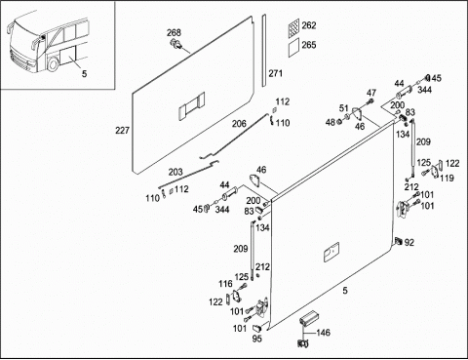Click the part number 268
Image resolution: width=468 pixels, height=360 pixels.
(x=174, y=32)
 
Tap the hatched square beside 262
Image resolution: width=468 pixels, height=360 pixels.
(x=293, y=26)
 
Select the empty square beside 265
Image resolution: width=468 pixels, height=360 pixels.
(x=293, y=48)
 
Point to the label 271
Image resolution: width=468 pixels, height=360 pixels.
(x=275, y=73)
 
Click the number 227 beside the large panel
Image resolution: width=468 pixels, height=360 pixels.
(x=122, y=130)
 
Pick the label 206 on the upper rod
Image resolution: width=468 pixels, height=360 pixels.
(x=239, y=124)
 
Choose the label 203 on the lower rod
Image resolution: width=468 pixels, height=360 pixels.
(x=175, y=172)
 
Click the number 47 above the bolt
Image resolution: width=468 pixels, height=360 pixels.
(x=371, y=93)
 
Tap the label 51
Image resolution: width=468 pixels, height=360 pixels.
(x=344, y=108)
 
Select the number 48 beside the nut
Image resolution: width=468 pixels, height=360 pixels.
(x=331, y=122)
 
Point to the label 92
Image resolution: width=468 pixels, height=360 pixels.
(x=409, y=243)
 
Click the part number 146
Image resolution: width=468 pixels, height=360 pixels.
(x=323, y=333)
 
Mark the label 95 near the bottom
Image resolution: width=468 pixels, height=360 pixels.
(x=256, y=339)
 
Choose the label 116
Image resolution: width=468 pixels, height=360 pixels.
(x=225, y=284)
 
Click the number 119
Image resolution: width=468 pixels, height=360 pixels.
(x=447, y=178)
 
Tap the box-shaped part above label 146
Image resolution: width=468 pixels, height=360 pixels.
(x=308, y=317)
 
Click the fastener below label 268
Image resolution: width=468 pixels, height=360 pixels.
(x=176, y=45)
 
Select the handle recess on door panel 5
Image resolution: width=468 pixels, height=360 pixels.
(x=331, y=252)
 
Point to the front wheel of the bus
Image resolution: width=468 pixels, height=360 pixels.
(x=53, y=64)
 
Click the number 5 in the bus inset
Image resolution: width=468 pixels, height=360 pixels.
(x=84, y=74)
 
